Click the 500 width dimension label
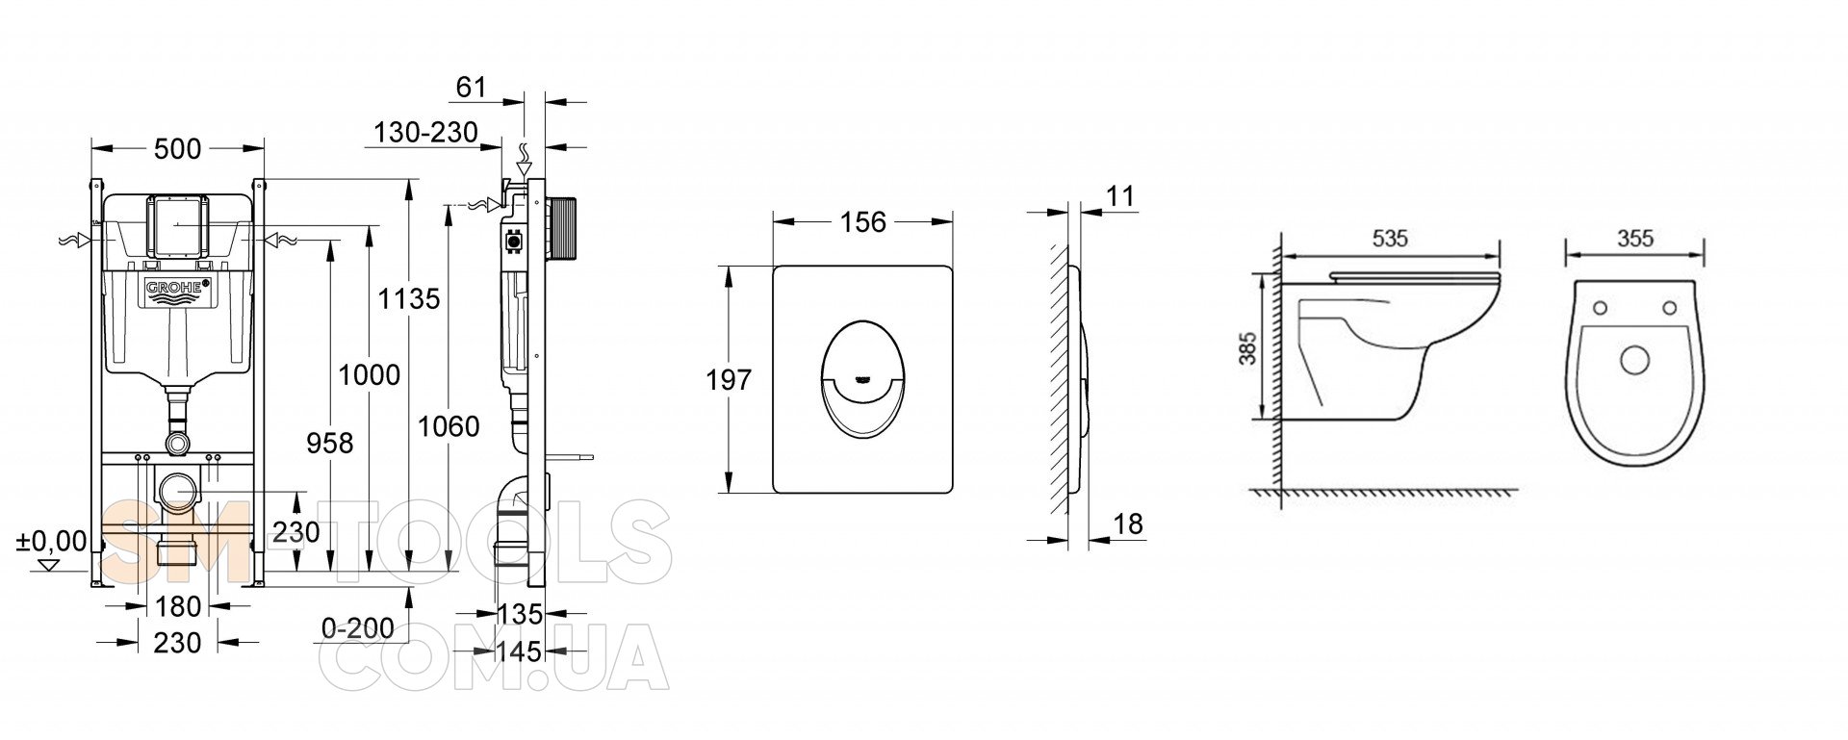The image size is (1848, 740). coord(178,149)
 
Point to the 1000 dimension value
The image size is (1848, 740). coord(369,374)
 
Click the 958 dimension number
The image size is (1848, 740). coord(329,443)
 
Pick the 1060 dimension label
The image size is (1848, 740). coord(448,425)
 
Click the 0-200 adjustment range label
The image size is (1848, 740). coord(358,628)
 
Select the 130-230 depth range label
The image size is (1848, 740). coord(426,132)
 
